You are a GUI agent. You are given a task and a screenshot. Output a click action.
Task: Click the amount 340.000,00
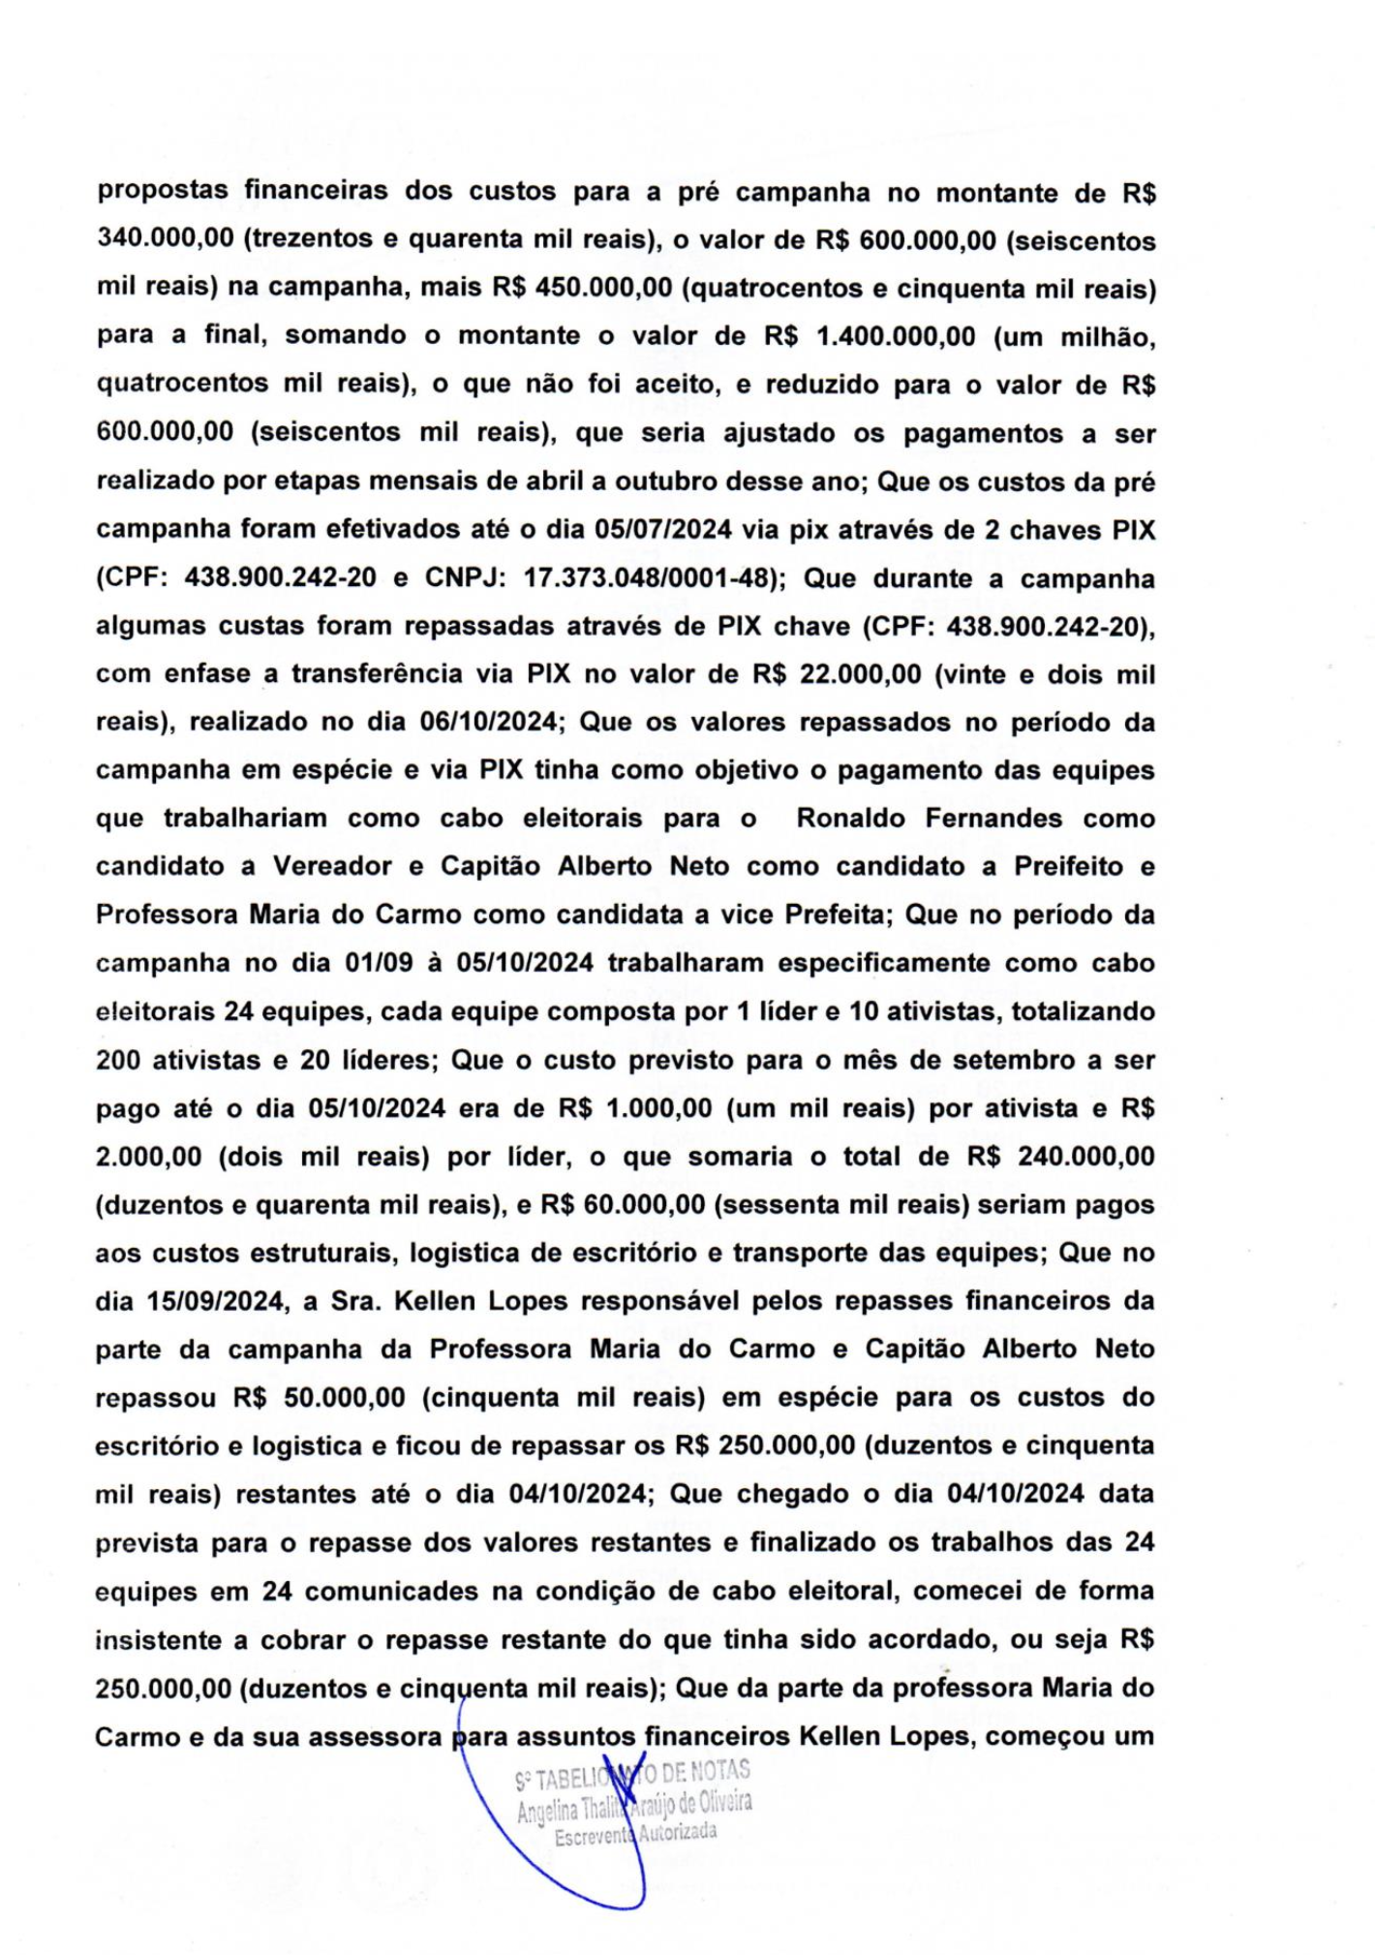coord(166,240)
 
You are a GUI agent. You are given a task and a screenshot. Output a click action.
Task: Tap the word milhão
coord(1105,336)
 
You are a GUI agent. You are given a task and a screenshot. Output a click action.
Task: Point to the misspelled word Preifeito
coord(1068,867)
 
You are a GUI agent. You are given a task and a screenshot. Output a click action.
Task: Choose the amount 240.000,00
coord(1087,1157)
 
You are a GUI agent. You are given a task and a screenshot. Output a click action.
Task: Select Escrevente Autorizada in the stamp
coord(635,1834)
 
